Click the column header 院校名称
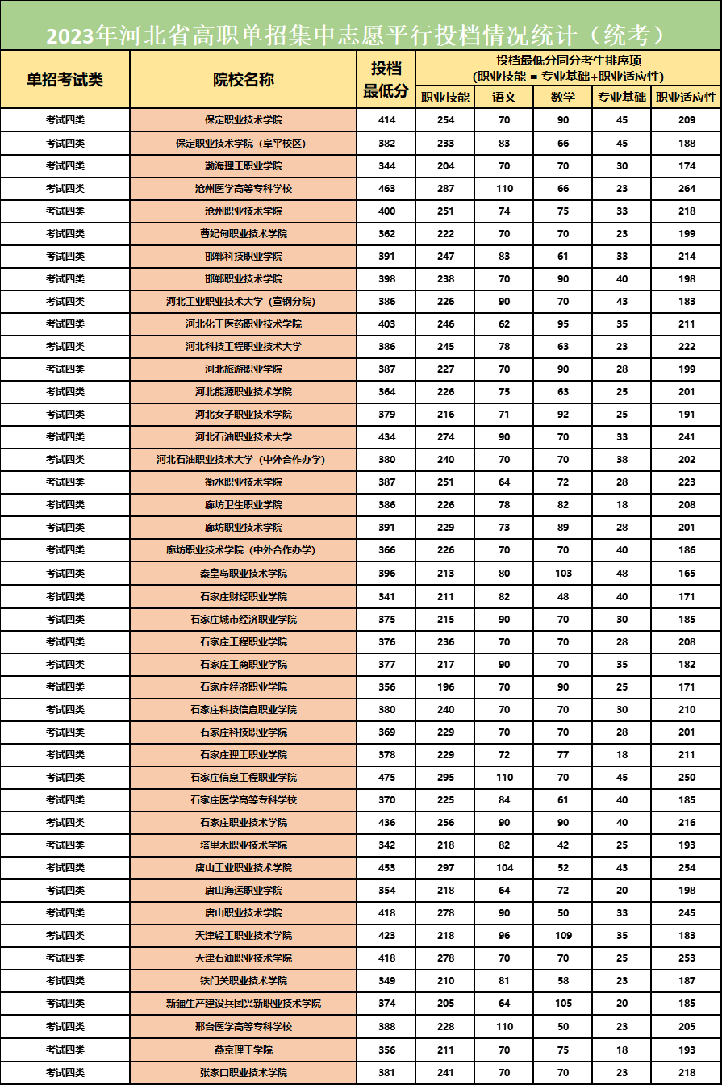pyautogui.click(x=243, y=80)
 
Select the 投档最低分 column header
pyautogui.click(x=386, y=79)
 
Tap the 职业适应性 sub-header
pyautogui.click(x=687, y=98)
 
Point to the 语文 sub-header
pyautogui.click(x=503, y=98)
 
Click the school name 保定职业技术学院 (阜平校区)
pyautogui.click(x=243, y=144)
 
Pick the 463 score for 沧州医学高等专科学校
pyautogui.click(x=386, y=189)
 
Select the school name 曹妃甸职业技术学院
pyautogui.click(x=243, y=234)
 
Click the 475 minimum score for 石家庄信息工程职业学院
pyautogui.click(x=386, y=778)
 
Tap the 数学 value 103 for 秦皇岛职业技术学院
pyautogui.click(x=563, y=574)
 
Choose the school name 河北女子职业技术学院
pyautogui.click(x=243, y=415)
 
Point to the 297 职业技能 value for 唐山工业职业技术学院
pyautogui.click(x=444, y=868)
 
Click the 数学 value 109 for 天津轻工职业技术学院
pyautogui.click(x=563, y=936)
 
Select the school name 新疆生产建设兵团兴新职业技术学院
pyautogui.click(x=243, y=1004)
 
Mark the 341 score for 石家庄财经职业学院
pyautogui.click(x=386, y=597)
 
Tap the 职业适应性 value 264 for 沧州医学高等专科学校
pyautogui.click(x=687, y=189)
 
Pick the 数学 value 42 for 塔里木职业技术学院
pyautogui.click(x=563, y=845)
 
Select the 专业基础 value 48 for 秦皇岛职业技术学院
pyautogui.click(x=622, y=574)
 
